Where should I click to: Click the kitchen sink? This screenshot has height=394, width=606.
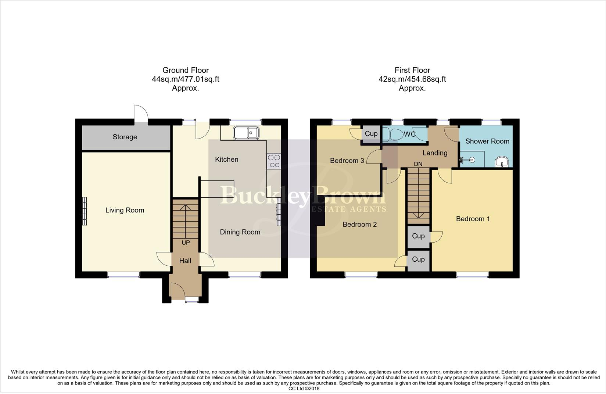247,133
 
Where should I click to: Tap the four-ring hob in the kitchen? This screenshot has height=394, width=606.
274,161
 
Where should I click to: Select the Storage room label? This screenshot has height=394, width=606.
125,137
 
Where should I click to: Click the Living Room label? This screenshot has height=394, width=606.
125,210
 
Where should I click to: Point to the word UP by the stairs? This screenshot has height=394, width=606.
186,243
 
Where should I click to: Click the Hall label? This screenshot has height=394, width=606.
185,261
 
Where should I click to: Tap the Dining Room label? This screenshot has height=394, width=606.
240,232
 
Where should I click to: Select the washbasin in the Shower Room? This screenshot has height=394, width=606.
502,162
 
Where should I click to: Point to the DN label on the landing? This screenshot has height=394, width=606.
418,164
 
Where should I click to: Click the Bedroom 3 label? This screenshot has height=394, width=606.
347,161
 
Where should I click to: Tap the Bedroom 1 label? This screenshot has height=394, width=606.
473,219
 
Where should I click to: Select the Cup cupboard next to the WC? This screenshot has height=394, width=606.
371,134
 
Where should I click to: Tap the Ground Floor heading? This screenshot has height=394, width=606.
186,70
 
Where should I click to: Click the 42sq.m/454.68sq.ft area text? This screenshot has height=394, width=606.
412,79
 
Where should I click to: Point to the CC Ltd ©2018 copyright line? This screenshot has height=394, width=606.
304,389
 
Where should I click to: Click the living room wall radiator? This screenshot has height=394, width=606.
85,211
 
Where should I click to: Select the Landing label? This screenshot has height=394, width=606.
435,153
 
